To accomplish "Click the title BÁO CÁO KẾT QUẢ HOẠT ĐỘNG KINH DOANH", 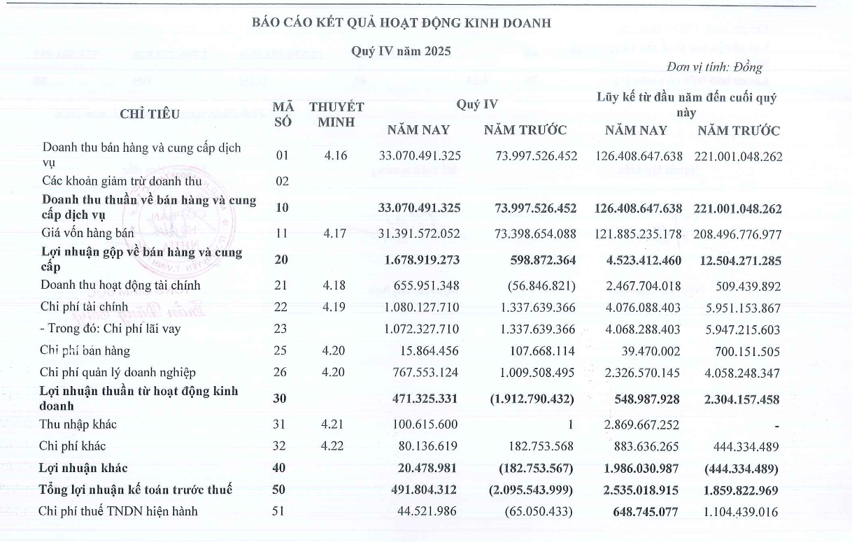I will (401, 23).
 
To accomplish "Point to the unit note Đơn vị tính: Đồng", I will (713, 68).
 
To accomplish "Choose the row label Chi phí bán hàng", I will (85, 350).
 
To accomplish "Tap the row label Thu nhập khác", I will (78, 425).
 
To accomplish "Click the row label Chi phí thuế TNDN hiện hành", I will (118, 511).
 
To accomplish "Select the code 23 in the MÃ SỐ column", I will (282, 329).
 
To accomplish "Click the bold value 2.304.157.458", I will (738, 399).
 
